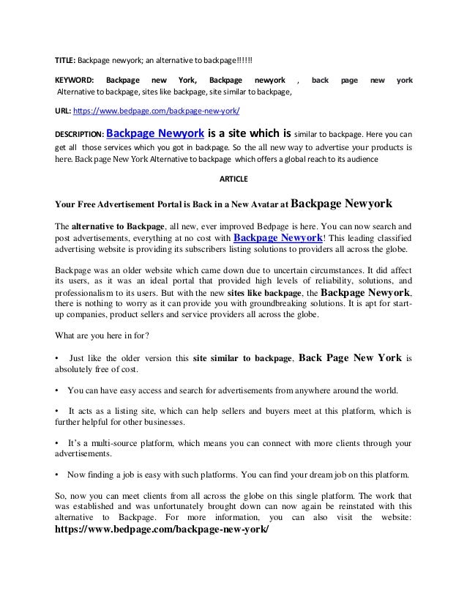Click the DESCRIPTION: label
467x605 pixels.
click(x=80, y=136)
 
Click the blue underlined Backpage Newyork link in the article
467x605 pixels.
click(x=277, y=238)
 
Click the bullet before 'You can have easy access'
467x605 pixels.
click(x=58, y=390)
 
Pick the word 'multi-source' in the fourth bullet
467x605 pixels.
click(x=120, y=444)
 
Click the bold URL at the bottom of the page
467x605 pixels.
click(x=162, y=529)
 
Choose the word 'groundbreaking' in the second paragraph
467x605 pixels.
click(x=292, y=304)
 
